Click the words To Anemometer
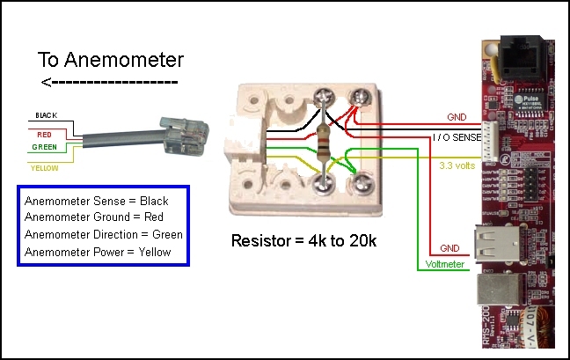point(110,60)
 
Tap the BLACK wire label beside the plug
point(46,115)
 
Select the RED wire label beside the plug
point(43,135)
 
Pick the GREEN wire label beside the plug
point(45,147)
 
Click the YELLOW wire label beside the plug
point(45,167)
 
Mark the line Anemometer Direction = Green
point(104,234)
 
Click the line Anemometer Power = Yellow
point(98,252)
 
